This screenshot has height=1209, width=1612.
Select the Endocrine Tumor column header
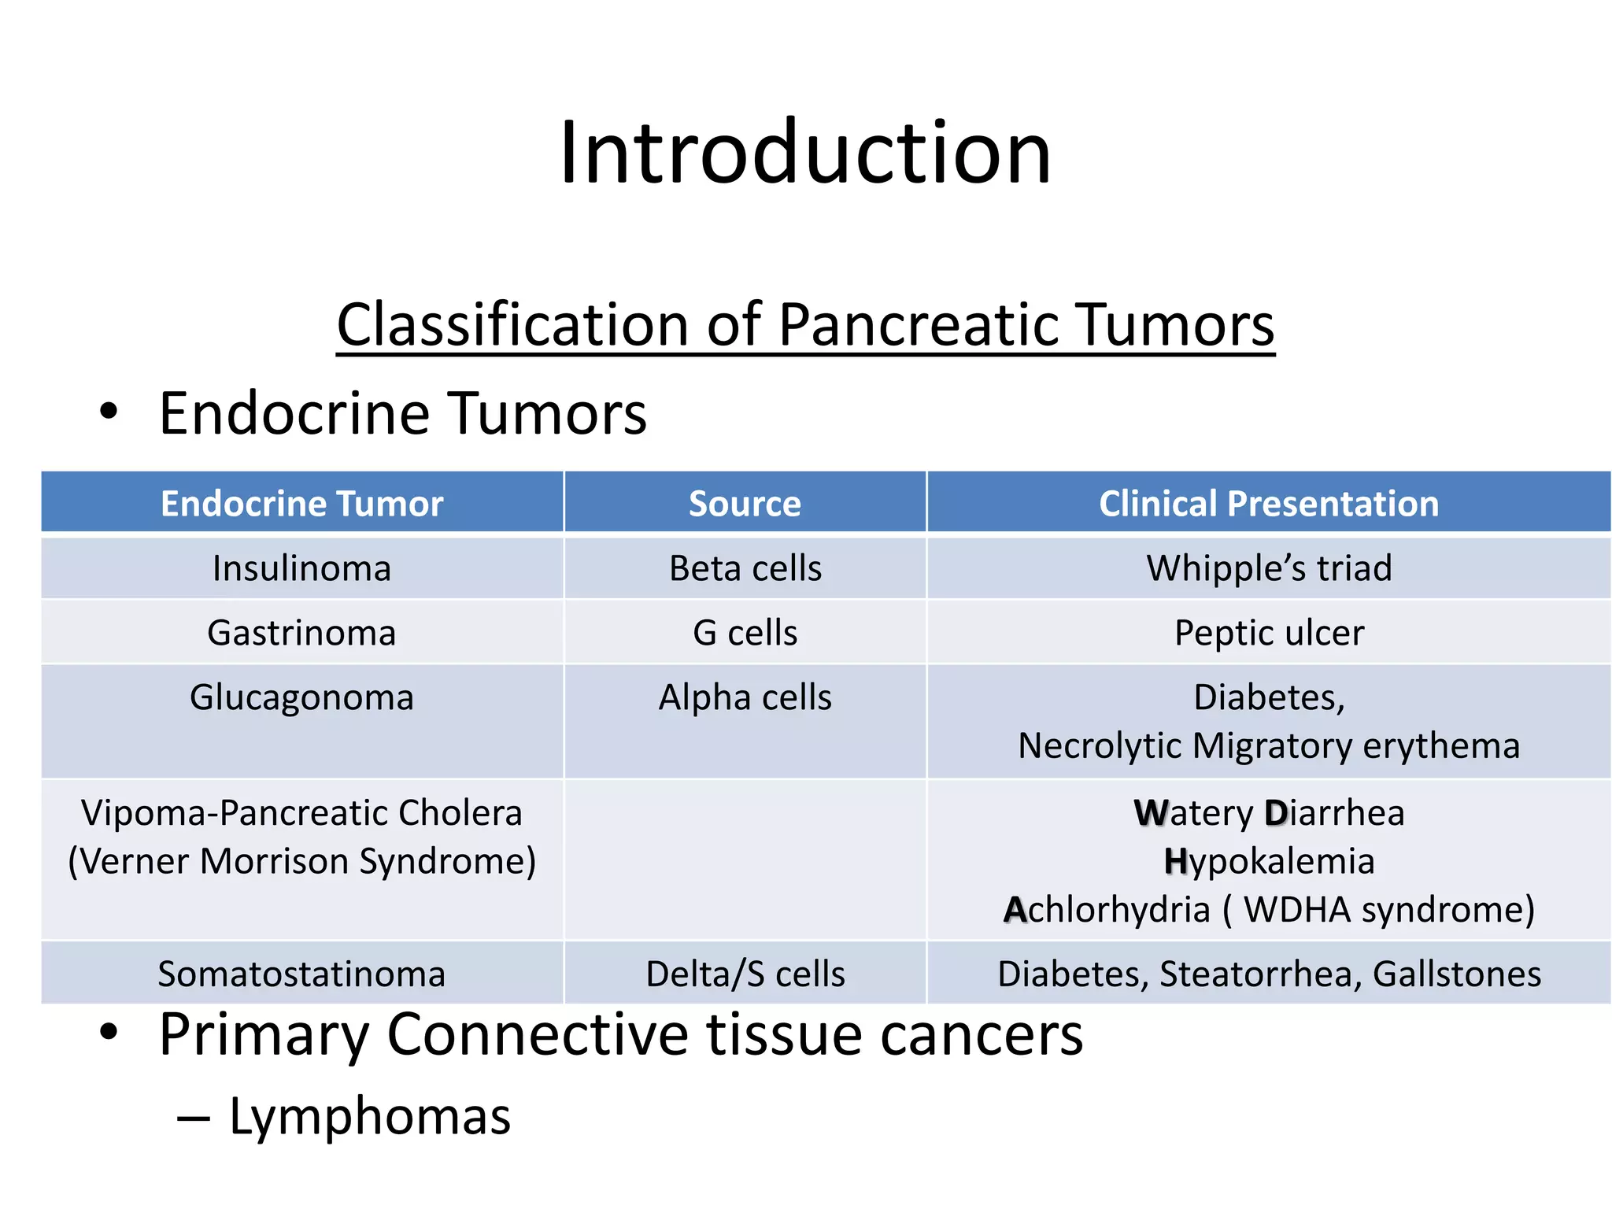pyautogui.click(x=302, y=503)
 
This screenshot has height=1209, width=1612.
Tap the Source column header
pyautogui.click(x=745, y=503)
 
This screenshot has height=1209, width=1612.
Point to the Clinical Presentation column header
pyautogui.click(x=1268, y=503)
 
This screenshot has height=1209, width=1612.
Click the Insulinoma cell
pyautogui.click(x=302, y=568)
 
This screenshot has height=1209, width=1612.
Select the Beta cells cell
pyautogui.click(x=745, y=568)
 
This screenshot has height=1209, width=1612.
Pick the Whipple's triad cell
pyautogui.click(x=1268, y=568)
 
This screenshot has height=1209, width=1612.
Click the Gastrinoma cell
pyautogui.click(x=302, y=633)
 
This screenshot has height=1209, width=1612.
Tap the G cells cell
pyautogui.click(x=745, y=633)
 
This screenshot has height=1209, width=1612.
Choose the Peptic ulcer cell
pyautogui.click(x=1268, y=633)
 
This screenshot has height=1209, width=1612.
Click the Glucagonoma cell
pyautogui.click(x=302, y=697)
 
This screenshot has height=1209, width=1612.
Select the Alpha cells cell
pyautogui.click(x=745, y=697)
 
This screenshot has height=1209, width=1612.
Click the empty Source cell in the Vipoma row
pyautogui.click(x=745, y=860)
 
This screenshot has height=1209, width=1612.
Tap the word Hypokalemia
pyautogui.click(x=1268, y=861)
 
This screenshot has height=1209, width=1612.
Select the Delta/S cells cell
pyautogui.click(x=745, y=974)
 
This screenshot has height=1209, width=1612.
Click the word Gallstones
pyautogui.click(x=1456, y=974)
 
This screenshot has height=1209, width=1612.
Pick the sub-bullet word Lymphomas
pyautogui.click(x=370, y=1116)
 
